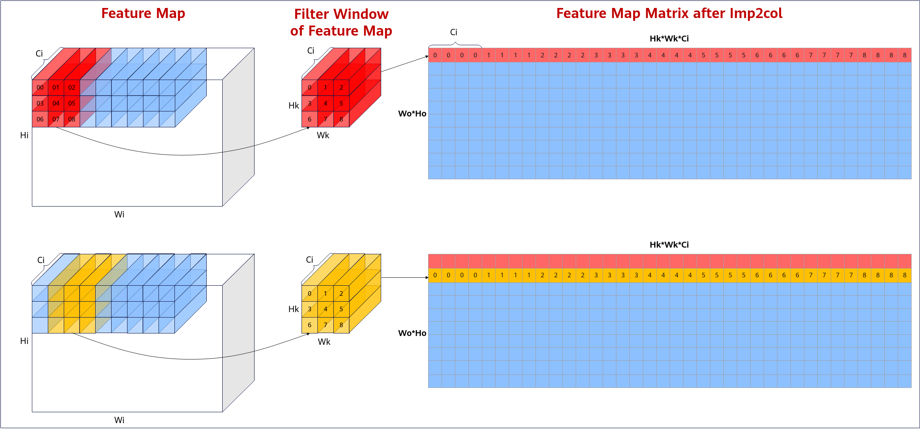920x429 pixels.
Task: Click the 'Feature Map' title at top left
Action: click(143, 13)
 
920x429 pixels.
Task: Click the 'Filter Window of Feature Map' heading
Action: click(341, 22)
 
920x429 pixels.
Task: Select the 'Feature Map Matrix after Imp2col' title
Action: click(669, 13)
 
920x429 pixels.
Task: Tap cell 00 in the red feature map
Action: click(40, 88)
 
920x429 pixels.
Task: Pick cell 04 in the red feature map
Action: click(56, 103)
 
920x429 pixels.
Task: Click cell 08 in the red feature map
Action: click(72, 119)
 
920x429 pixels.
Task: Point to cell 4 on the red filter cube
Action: click(325, 103)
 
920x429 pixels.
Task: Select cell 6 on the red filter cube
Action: click(309, 119)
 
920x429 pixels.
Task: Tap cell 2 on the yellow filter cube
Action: click(341, 294)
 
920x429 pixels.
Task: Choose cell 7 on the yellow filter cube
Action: click(325, 325)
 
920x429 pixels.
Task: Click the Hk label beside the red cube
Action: click(294, 106)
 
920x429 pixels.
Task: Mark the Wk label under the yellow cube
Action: click(324, 342)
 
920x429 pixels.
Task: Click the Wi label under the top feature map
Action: click(119, 214)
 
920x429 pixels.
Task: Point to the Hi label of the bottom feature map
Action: click(24, 341)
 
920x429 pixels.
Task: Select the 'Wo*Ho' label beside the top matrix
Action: click(412, 114)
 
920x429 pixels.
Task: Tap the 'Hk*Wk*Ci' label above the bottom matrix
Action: click(669, 245)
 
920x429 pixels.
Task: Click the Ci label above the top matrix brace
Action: click(454, 32)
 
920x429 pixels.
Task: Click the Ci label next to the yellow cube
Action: click(309, 260)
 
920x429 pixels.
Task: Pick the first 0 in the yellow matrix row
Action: click(435, 275)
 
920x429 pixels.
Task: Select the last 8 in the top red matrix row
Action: click(904, 55)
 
